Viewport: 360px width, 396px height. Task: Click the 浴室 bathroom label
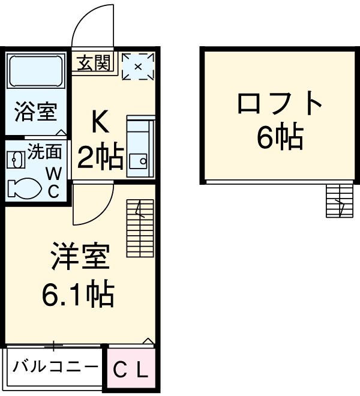[36, 112]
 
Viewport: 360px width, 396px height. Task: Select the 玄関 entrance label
[94, 62]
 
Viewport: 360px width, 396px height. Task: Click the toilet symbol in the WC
[25, 188]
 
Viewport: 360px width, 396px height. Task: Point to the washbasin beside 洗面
[16, 159]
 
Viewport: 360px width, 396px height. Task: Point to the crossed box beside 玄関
[138, 66]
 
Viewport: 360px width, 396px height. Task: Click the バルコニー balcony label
[55, 365]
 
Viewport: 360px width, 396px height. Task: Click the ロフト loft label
[280, 104]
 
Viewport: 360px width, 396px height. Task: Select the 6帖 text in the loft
[280, 139]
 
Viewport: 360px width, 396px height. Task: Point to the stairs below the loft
[338, 202]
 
